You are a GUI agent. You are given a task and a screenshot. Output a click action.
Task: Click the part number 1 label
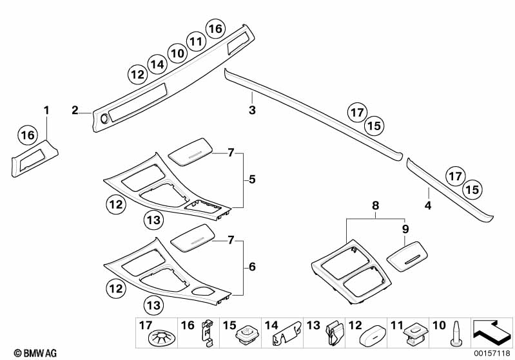click(x=46, y=111)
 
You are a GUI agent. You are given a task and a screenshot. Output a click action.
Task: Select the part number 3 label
click(x=253, y=111)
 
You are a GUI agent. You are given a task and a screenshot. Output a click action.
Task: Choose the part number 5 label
click(x=252, y=180)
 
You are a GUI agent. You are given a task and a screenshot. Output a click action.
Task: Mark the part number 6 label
click(x=252, y=266)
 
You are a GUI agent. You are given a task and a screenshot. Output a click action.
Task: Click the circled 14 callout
click(x=156, y=63)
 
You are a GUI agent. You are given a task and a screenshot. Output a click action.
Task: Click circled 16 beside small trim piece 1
click(x=26, y=135)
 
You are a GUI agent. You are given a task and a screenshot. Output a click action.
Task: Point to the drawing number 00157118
click(x=491, y=353)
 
